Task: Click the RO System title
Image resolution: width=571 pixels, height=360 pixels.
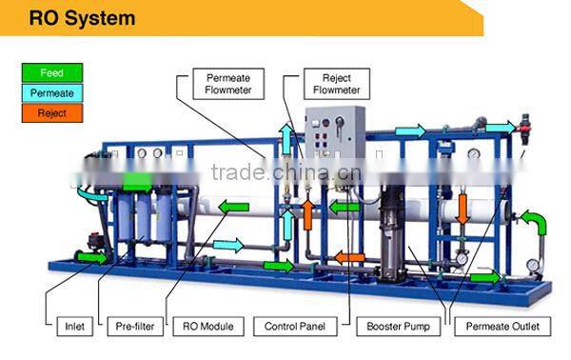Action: (x=82, y=18)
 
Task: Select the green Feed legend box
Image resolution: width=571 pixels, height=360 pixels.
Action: (x=52, y=73)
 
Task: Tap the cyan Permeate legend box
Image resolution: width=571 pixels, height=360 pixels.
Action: (x=52, y=93)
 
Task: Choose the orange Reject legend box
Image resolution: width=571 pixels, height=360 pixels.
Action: (x=52, y=113)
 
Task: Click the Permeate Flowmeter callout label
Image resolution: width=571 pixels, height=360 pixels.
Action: (x=227, y=84)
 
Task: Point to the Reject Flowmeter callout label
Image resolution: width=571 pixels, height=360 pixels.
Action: (x=336, y=84)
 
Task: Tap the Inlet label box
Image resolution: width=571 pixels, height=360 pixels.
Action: (x=74, y=327)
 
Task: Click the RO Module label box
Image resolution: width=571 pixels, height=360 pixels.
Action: (x=207, y=327)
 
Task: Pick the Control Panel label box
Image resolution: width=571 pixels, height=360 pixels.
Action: (x=294, y=327)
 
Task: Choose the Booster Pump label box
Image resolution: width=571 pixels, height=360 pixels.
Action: (x=398, y=327)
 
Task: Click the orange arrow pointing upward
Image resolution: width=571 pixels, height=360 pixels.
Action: (x=307, y=212)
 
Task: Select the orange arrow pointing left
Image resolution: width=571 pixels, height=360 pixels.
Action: (x=349, y=256)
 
